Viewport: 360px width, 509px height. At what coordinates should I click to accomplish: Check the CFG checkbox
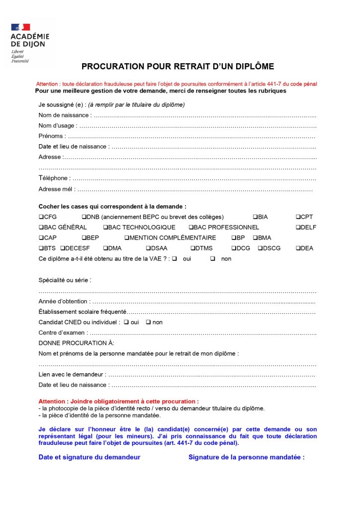point(41,217)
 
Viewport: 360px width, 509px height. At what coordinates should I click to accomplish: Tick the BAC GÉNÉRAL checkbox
point(41,228)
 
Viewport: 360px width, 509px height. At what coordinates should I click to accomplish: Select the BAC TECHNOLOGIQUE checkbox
point(105,228)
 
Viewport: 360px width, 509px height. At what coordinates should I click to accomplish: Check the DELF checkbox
point(298,228)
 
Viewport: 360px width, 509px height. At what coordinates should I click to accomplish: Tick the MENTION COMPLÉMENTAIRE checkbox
point(127,238)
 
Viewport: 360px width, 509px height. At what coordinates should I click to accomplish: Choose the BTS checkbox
point(41,249)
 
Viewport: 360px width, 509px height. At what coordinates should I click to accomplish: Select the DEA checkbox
point(298,249)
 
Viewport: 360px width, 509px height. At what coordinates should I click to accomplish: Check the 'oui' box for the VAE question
point(175,258)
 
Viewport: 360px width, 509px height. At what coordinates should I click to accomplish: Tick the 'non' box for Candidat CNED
point(148,322)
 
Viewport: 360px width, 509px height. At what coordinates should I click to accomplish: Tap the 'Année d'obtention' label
point(64,301)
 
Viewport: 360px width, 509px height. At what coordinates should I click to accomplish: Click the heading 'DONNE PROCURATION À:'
point(76,343)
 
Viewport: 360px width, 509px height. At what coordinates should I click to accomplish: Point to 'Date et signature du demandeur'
point(90,457)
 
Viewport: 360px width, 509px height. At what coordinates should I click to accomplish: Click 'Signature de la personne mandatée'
point(246,457)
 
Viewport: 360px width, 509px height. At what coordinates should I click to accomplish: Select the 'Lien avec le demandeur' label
point(72,374)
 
